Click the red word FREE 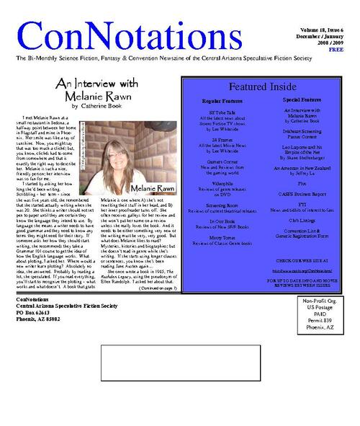point(336,50)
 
